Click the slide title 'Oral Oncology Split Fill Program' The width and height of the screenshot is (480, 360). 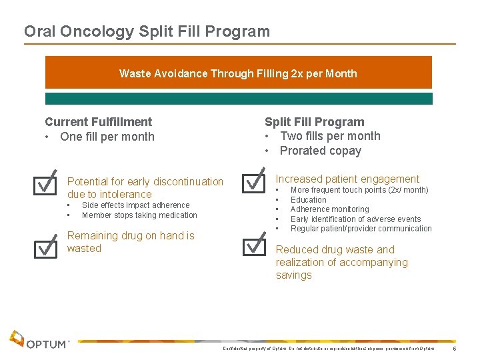pos(147,31)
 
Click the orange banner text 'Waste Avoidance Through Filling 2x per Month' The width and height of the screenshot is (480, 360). pos(238,73)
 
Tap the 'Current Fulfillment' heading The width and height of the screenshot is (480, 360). pos(98,122)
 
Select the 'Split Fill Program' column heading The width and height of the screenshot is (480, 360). pos(314,122)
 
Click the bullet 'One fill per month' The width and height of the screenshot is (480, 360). pos(107,137)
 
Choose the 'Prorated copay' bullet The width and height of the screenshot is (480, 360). pos(320,151)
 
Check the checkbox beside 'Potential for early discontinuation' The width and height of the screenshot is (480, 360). pos(45,183)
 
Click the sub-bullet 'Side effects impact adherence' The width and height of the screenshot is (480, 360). pos(135,205)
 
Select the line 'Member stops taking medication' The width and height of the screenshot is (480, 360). pos(139,215)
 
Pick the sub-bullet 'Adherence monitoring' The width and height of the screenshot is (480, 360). pos(329,209)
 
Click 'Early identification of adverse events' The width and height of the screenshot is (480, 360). pos(355,219)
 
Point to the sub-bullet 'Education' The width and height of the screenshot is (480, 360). pos(309,200)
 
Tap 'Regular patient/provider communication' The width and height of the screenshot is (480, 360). pos(361,229)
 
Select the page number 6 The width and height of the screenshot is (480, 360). pos(455,349)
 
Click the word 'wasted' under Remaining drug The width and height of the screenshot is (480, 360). pos(84,249)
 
